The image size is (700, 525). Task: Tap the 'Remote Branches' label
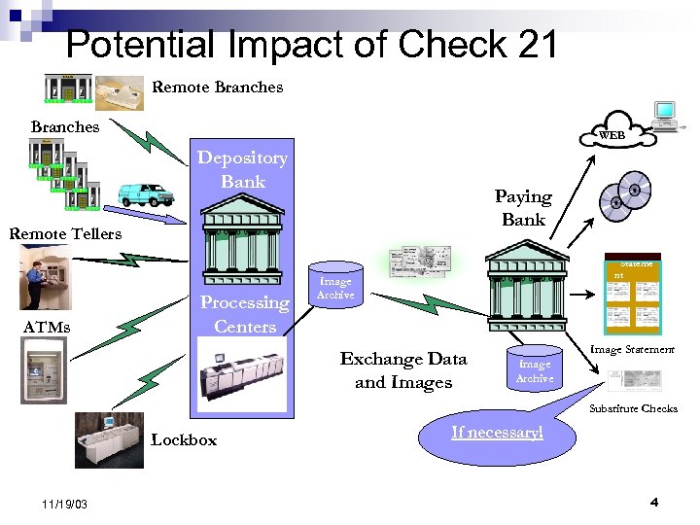(218, 87)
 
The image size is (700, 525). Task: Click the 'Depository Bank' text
(242, 169)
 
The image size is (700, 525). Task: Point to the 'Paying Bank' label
(523, 208)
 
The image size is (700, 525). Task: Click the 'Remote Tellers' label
(65, 233)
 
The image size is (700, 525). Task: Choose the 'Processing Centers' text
(244, 314)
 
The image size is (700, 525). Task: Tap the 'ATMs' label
(47, 327)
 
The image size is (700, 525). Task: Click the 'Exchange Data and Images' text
(403, 370)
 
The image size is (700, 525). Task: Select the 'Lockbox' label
(184, 440)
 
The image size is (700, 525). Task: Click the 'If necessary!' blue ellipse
(496, 433)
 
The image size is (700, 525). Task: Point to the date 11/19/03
(66, 505)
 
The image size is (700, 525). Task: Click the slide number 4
(653, 503)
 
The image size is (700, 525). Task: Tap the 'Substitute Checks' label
(633, 408)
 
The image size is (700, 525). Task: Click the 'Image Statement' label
(632, 349)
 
